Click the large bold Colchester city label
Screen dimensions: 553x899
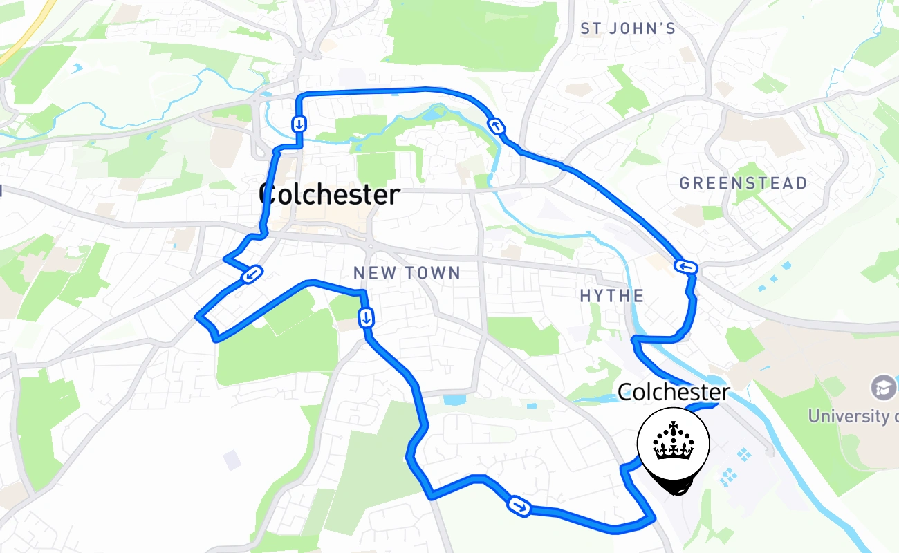[x=329, y=195]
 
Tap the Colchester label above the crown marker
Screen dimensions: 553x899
[x=673, y=393]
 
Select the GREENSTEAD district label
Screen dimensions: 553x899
[x=743, y=184]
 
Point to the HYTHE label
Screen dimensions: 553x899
[x=611, y=297]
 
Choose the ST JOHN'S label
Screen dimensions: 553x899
[x=627, y=29]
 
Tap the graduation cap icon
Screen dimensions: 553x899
[x=883, y=387]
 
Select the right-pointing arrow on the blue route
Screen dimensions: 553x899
[x=519, y=506]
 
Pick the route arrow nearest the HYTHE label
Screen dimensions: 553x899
[x=687, y=267]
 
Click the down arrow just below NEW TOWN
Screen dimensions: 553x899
[x=366, y=317]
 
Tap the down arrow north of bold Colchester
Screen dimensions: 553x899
[x=299, y=124]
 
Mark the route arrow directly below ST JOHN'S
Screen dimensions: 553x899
[x=497, y=126]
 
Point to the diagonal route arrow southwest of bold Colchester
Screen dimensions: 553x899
[x=252, y=275]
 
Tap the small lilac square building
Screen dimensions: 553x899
[x=233, y=459]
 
